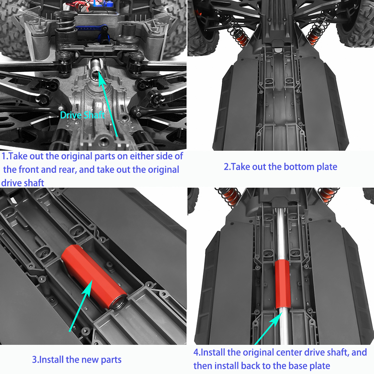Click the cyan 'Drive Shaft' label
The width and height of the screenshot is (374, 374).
coord(82,115)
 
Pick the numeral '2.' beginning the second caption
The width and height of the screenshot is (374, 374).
coord(227,166)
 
